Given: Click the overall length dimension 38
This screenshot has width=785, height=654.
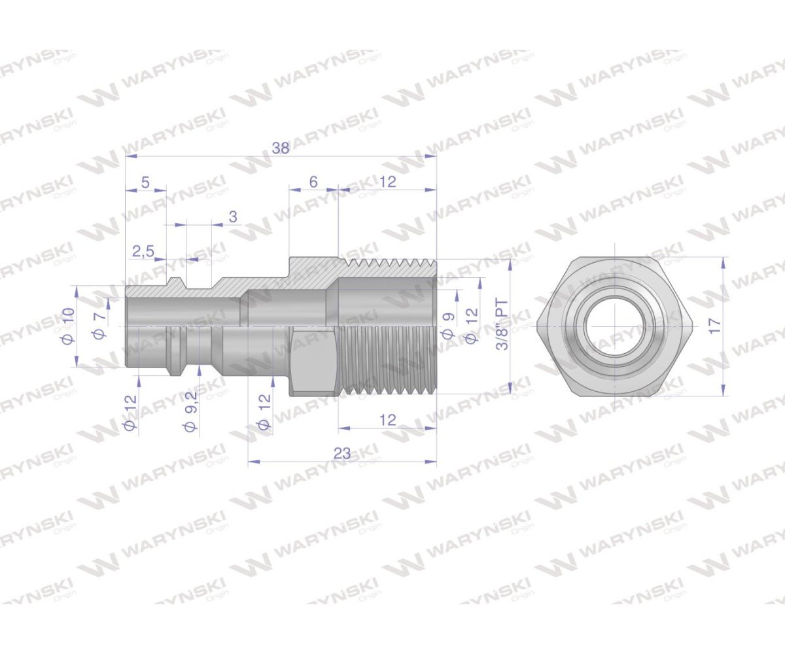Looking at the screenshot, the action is pos(281,148).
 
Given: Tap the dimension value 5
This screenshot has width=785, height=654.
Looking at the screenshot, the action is pos(145,182).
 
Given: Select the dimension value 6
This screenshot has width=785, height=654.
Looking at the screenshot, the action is pos(313,182).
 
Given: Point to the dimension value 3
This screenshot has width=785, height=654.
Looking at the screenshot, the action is pos(233,217).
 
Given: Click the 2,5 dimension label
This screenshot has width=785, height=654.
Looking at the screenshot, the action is pos(143,251).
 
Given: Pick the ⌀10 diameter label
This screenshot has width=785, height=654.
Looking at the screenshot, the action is pos(69,326).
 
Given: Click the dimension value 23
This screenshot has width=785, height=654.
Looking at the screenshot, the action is pos(342,453).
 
